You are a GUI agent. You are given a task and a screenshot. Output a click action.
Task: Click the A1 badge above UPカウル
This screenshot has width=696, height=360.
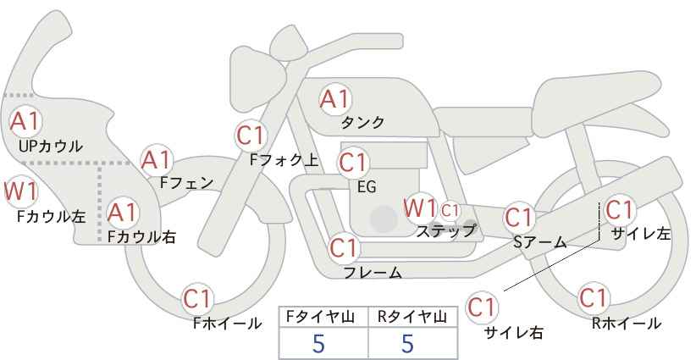tap(25, 121)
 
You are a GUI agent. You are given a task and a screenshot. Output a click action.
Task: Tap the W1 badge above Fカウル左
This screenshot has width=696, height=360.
tap(19, 191)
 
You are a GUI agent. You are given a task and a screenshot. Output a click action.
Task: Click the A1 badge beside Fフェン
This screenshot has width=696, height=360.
tap(156, 159)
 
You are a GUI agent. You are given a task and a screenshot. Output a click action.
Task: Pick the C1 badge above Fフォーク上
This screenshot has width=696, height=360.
tap(251, 136)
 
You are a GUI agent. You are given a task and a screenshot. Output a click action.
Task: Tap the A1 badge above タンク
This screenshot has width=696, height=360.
tap(334, 99)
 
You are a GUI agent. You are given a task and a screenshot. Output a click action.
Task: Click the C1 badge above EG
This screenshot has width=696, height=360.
tap(353, 161)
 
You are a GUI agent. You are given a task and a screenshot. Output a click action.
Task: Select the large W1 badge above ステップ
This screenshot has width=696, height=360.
tap(420, 208)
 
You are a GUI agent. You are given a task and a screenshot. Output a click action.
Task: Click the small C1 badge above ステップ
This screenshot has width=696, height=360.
tap(450, 209)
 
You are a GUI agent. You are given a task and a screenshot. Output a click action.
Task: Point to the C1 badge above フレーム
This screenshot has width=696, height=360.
tap(344, 248)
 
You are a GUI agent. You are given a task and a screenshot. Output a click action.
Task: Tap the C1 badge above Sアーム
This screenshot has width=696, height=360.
tap(518, 218)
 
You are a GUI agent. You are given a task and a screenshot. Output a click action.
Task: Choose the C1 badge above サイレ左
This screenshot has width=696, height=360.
tap(620, 208)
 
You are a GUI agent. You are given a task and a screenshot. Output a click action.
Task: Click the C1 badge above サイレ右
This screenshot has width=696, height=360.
tap(483, 307)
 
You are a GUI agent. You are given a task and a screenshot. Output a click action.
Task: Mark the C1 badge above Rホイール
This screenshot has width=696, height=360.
tap(594, 298)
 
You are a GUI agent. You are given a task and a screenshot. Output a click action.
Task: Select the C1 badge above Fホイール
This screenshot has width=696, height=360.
tap(200, 298)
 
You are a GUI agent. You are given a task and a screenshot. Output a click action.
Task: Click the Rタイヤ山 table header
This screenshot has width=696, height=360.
tap(412, 317)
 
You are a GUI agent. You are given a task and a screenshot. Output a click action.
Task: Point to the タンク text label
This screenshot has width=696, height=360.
tap(363, 123)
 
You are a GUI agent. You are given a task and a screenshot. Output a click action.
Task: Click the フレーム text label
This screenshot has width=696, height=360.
tap(373, 272)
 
